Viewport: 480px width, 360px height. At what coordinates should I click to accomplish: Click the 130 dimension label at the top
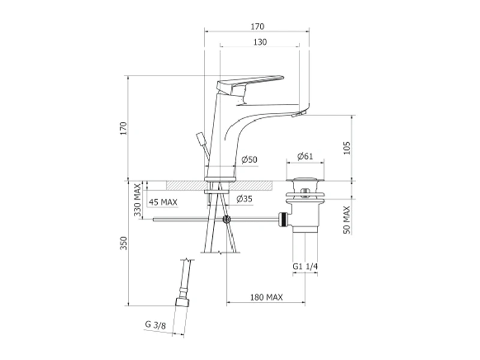(x=260, y=42)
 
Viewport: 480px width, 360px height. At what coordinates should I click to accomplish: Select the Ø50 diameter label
(x=249, y=160)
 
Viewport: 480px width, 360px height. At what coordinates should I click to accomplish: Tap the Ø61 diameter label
(x=305, y=156)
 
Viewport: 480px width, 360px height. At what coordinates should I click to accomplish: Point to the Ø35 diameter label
(x=244, y=199)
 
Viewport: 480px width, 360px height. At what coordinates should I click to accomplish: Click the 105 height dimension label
(x=347, y=148)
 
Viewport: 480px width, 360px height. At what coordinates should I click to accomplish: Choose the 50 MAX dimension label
(x=347, y=220)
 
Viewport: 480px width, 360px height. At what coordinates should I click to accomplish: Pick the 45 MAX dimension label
(x=163, y=202)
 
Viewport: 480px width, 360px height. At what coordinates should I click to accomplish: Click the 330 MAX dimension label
(x=137, y=200)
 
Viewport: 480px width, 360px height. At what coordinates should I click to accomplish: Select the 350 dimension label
(x=123, y=243)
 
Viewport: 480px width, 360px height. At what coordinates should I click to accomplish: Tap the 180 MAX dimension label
(x=266, y=297)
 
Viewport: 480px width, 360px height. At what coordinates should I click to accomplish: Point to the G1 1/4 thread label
(x=305, y=266)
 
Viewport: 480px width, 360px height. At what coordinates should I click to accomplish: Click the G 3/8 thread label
(x=155, y=325)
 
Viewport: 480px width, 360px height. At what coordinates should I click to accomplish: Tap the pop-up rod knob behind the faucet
(x=201, y=139)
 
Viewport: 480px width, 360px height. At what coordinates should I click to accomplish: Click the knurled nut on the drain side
(x=283, y=219)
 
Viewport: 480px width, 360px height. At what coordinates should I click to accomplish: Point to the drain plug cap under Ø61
(x=305, y=181)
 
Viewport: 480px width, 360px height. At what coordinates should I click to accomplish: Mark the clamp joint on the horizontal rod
(x=227, y=219)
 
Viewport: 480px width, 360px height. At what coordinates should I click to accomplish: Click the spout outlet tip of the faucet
(x=299, y=114)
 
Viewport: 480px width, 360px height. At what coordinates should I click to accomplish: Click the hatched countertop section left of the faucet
(x=185, y=185)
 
